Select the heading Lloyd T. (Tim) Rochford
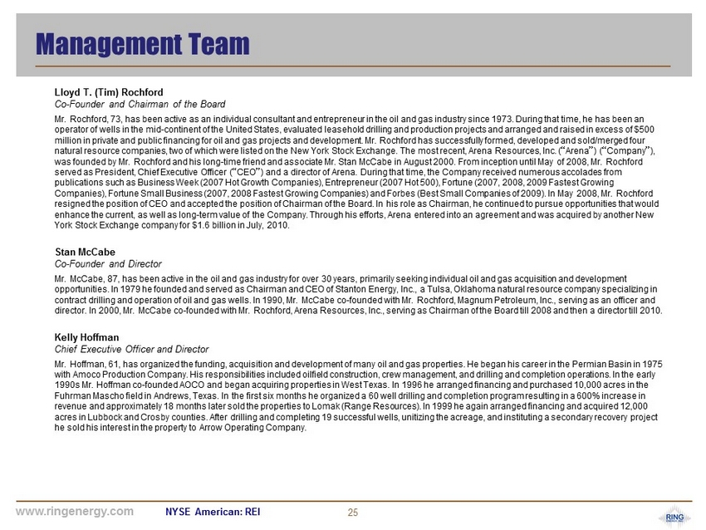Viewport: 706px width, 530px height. [x=109, y=91]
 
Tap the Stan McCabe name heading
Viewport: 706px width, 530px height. [x=85, y=251]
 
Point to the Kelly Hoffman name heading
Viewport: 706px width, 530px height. [x=87, y=337]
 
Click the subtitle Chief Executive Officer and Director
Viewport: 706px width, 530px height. [x=131, y=349]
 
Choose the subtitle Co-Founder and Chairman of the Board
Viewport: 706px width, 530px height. [x=140, y=104]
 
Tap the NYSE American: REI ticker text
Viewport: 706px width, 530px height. [x=213, y=512]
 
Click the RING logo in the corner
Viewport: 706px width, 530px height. [x=674, y=518]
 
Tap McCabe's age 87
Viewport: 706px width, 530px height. [x=111, y=277]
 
